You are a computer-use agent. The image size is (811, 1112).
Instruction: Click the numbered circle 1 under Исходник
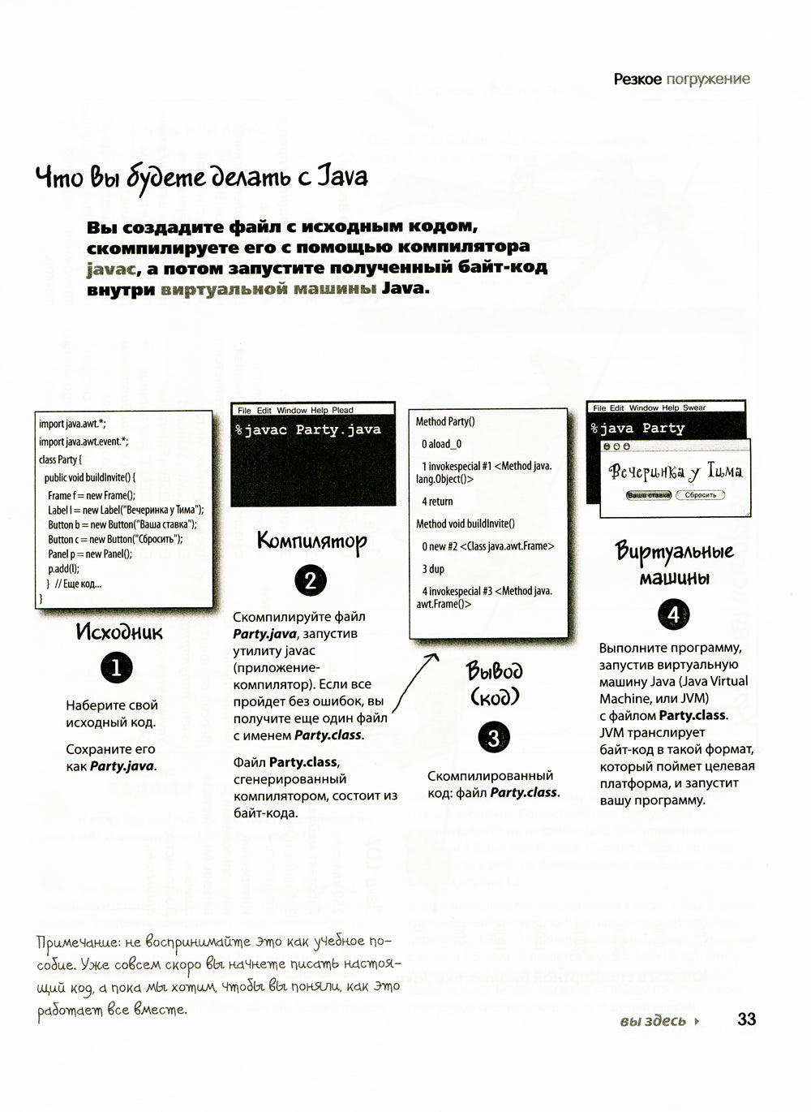click(x=116, y=668)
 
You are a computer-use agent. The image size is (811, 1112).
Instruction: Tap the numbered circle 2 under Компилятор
click(x=311, y=581)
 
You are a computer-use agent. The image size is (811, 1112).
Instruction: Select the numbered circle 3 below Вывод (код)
click(x=494, y=738)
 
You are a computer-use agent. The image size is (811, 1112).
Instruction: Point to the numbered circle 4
click(x=673, y=614)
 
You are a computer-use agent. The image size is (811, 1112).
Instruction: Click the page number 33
click(x=746, y=1019)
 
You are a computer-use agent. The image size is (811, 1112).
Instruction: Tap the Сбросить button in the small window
click(x=700, y=494)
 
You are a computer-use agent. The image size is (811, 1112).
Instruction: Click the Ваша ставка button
click(x=649, y=494)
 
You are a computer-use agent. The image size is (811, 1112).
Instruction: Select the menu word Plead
click(x=342, y=411)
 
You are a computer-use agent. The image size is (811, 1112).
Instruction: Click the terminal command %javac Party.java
click(x=308, y=430)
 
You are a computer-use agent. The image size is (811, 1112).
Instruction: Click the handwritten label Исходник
click(x=118, y=631)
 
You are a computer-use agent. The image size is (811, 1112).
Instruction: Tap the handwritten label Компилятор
click(x=311, y=541)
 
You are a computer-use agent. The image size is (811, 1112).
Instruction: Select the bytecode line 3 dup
click(x=433, y=569)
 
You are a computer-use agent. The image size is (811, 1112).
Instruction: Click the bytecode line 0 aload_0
click(x=441, y=444)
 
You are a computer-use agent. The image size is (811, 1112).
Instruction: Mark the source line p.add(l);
click(x=63, y=568)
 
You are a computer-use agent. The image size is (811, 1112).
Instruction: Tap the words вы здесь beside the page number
click(x=653, y=1021)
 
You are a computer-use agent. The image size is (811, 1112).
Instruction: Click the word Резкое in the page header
click(x=637, y=79)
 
